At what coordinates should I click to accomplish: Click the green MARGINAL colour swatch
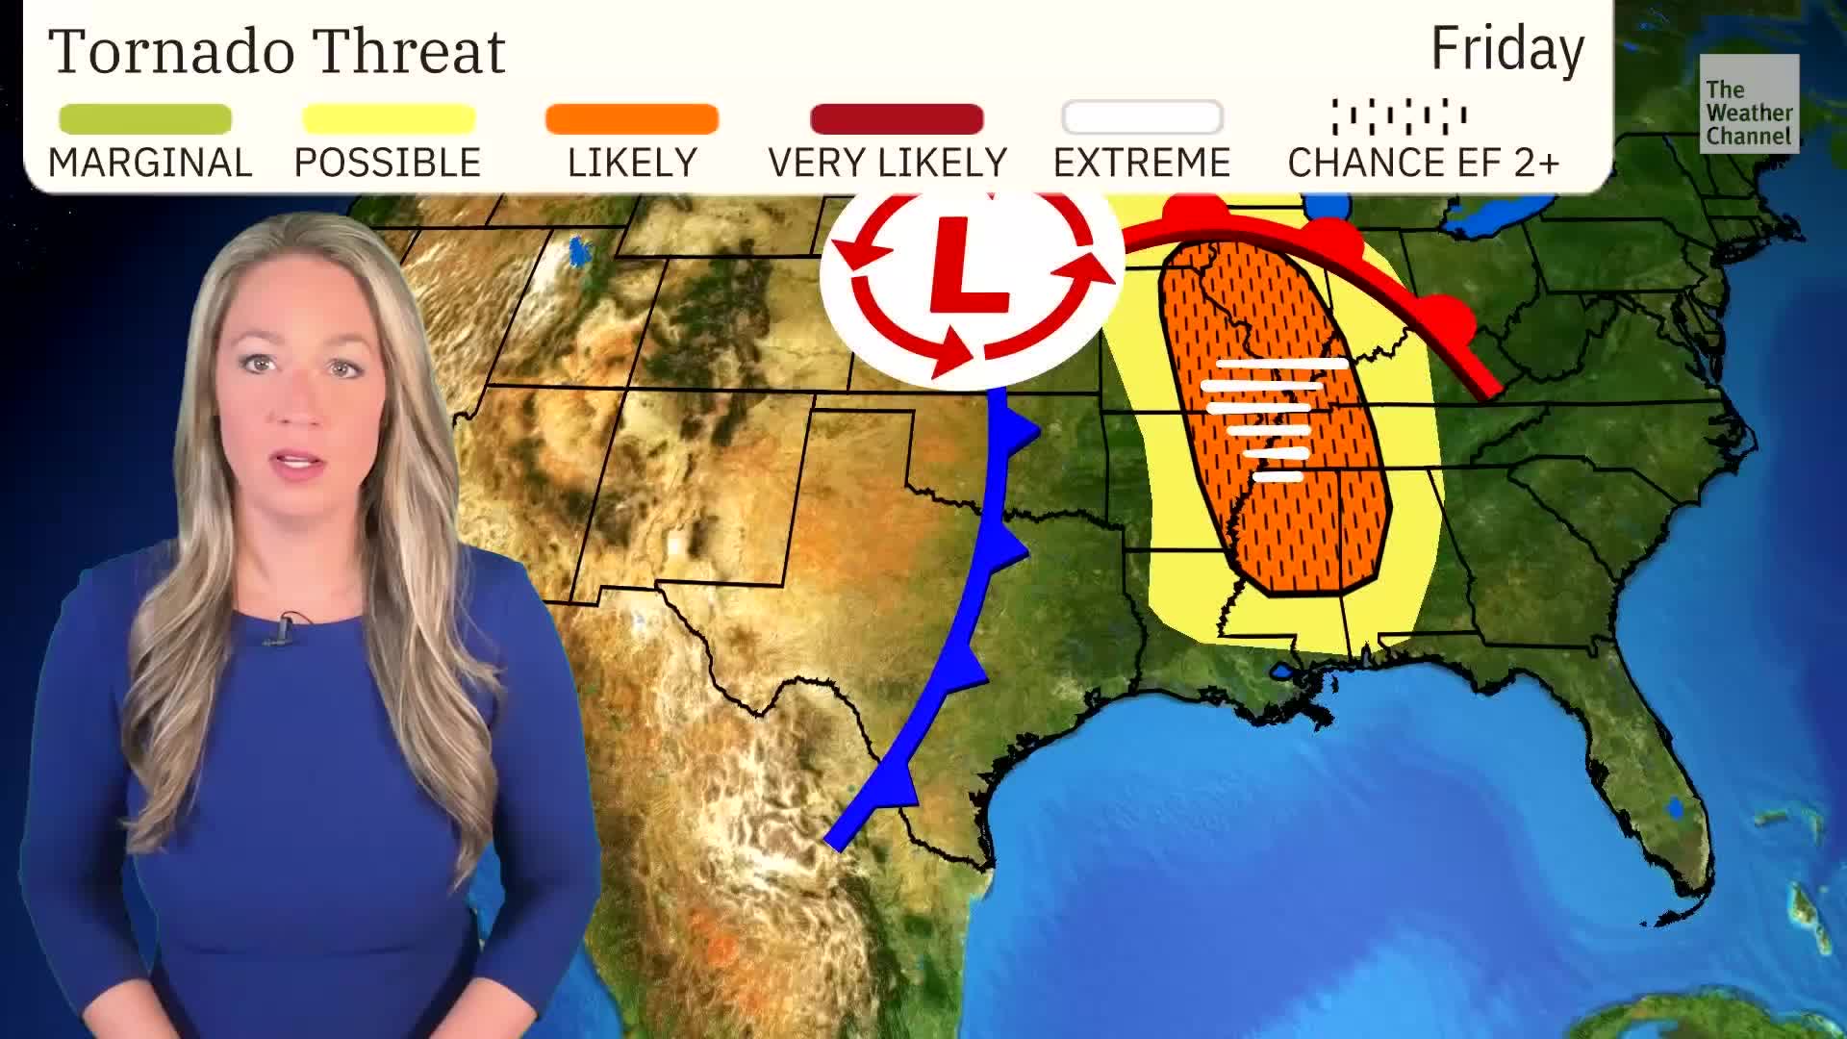[x=145, y=119]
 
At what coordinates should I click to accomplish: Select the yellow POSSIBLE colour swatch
[x=389, y=119]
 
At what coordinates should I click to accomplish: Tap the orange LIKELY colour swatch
[x=632, y=119]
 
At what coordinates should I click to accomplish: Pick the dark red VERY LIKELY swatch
[x=897, y=119]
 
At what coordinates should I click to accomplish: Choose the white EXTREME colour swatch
[x=1142, y=118]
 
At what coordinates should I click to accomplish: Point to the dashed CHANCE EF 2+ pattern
[x=1400, y=116]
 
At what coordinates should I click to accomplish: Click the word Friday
[x=1506, y=50]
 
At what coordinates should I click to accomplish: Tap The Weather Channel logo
[x=1748, y=104]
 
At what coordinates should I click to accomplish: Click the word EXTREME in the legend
[x=1142, y=164]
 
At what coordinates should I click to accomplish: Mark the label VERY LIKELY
[x=887, y=164]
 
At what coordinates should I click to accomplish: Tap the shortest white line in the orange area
[x=1278, y=475]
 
